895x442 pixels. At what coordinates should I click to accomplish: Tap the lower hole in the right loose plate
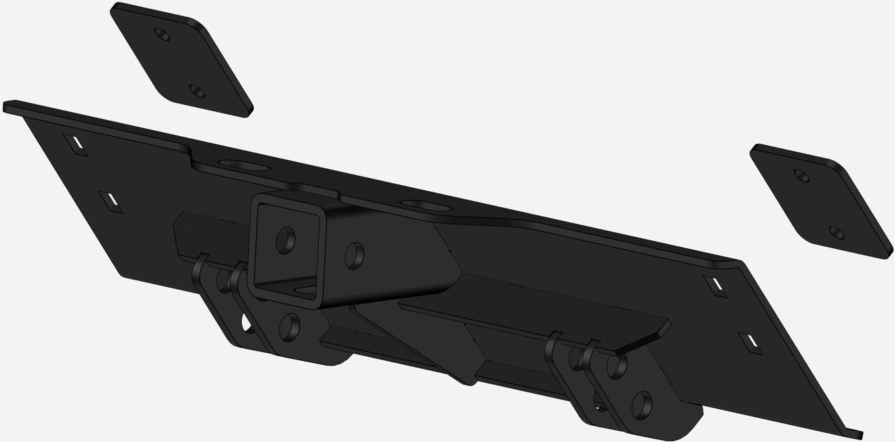tap(835, 232)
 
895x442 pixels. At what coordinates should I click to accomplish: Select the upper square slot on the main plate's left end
tap(77, 144)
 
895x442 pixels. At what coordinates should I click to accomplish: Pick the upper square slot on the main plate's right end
tap(715, 284)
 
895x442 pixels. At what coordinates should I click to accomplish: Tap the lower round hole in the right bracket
tap(642, 404)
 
